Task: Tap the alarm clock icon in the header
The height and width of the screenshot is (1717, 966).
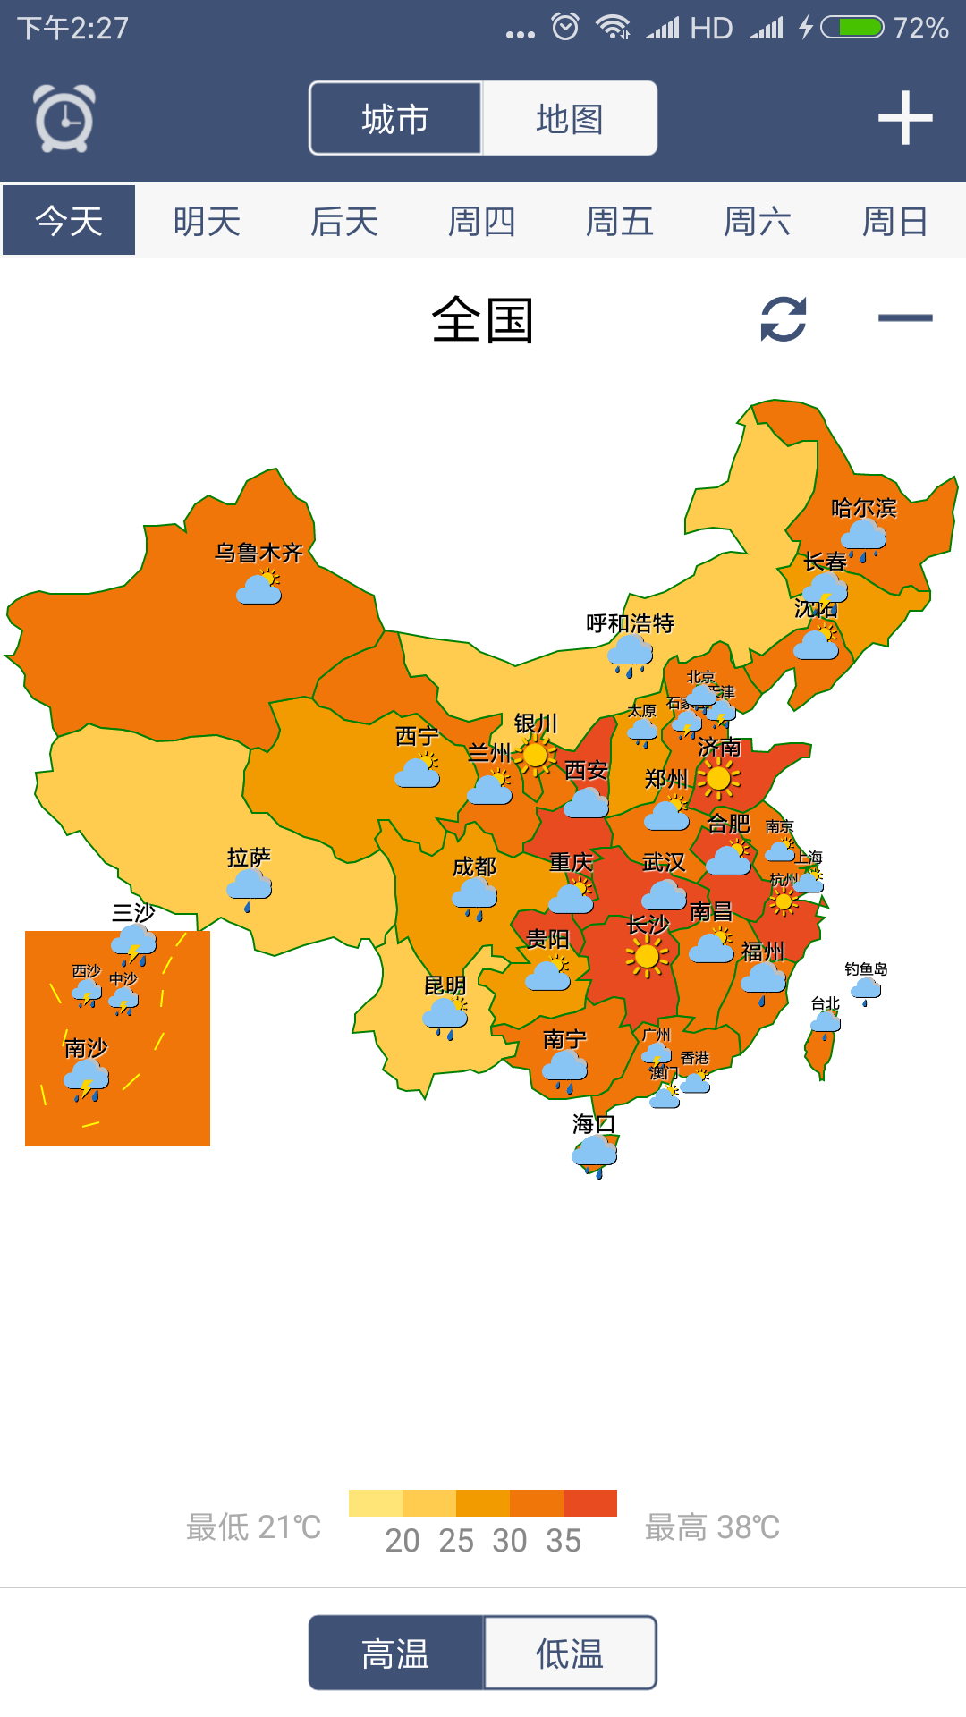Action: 64,118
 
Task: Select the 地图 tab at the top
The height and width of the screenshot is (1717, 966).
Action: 570,118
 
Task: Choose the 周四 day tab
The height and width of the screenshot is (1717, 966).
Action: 482,221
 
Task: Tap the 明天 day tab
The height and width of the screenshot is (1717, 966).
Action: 207,221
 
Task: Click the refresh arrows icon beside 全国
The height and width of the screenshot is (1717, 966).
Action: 784,318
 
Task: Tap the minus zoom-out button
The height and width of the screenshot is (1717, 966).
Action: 904,317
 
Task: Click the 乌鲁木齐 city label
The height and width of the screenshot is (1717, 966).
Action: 258,553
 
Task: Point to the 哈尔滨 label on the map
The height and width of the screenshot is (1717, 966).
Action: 863,508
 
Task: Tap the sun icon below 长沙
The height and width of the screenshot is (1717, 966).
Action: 646,957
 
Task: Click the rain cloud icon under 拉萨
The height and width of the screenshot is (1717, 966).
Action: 249,888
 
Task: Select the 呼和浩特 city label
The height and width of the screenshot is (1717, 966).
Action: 630,623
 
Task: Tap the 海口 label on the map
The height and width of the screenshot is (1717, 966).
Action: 593,1123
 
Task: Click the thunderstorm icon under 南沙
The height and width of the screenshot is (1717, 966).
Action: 87,1080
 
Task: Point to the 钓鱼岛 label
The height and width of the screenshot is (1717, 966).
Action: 865,969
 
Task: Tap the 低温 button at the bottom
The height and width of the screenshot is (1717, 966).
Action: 570,1653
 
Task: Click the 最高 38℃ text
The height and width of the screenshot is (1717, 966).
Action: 712,1527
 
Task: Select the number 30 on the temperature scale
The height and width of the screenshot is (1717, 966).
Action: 510,1541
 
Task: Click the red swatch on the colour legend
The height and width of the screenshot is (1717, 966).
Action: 589,1503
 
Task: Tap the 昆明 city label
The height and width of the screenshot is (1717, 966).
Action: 445,985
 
